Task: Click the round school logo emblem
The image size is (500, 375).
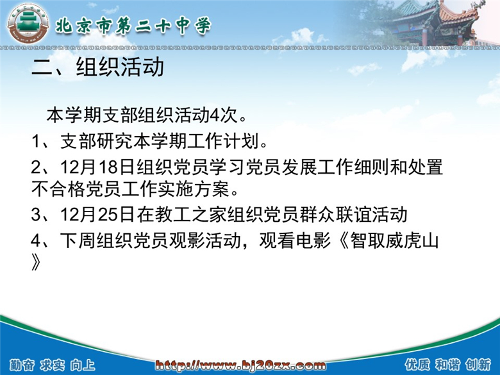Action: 28,24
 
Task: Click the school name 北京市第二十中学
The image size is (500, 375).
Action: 133,25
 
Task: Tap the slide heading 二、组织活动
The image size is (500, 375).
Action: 98,67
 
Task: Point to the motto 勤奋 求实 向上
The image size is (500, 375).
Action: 53,365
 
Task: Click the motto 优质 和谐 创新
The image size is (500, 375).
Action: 448,365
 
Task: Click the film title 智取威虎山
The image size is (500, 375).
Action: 395,240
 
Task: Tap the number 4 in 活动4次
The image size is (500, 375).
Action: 214,116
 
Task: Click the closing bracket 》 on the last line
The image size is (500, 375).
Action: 36,262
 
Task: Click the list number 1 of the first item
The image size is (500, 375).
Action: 35,141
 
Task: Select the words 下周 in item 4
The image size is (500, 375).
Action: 78,240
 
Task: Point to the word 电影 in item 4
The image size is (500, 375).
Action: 313,240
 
